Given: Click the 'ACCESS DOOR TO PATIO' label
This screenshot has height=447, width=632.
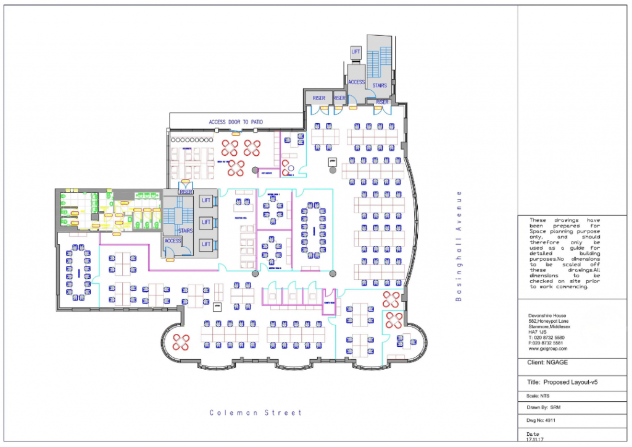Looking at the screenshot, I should [236, 122].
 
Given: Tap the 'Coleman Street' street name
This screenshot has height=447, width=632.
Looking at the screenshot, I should [256, 412].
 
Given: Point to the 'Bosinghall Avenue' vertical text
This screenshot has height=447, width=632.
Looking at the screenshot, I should [459, 246].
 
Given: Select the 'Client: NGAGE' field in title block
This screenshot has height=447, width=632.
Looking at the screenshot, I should [546, 364].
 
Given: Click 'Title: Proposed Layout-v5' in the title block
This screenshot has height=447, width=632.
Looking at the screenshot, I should [562, 383].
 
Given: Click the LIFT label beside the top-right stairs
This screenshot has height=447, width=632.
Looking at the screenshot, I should [355, 53].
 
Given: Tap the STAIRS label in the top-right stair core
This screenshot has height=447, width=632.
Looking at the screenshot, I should [380, 85].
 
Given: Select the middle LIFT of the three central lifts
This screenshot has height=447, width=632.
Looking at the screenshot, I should [206, 222].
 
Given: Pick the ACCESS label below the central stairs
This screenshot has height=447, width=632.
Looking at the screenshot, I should [173, 241].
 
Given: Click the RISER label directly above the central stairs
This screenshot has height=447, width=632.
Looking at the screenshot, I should [186, 192].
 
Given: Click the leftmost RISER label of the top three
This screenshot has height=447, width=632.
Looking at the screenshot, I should [318, 98].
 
